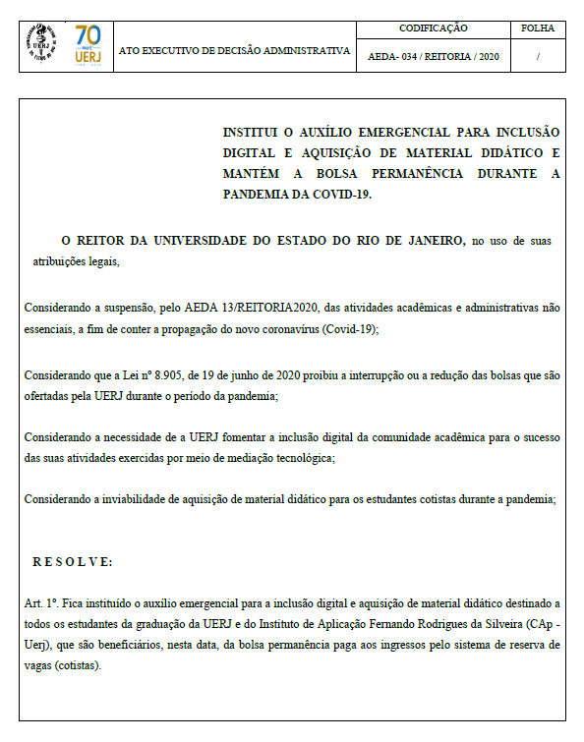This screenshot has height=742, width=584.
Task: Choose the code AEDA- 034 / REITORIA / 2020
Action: [x=433, y=57]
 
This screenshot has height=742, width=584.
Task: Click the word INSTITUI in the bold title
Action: [x=255, y=132]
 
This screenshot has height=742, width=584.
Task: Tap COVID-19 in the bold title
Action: [x=341, y=194]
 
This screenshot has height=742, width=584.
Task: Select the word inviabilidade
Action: [x=130, y=499]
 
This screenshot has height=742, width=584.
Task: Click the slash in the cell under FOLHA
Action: [x=538, y=57]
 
